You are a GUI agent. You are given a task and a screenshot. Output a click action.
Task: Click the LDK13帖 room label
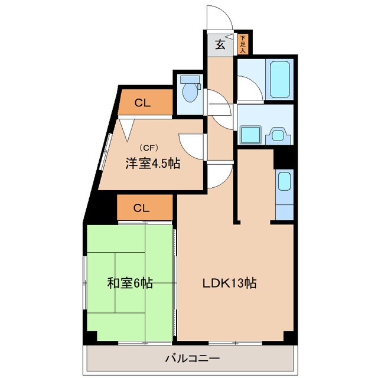tap(230, 283)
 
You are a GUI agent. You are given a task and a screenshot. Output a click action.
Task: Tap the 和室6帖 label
tap(131, 283)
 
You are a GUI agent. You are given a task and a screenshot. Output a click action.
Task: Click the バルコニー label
tap(191, 358)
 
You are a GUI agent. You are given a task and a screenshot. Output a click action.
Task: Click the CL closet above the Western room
tap(142, 103)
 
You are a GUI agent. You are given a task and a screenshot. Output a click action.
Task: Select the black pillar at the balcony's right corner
tap(289, 336)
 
